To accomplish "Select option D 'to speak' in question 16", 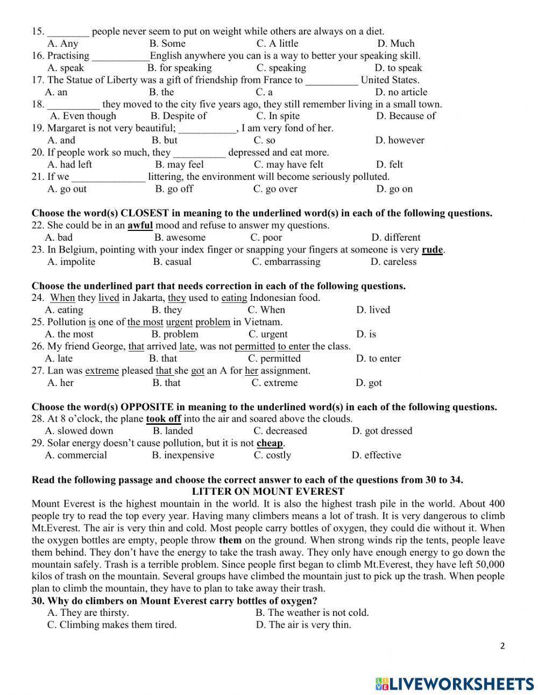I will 398,68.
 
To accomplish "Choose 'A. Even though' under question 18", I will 83,116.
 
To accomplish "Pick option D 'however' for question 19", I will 400,140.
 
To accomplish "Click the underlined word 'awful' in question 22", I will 140,226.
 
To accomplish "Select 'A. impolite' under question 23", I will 71,262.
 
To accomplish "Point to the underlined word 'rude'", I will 432,250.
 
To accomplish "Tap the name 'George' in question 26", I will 109,346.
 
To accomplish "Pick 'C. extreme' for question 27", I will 274,383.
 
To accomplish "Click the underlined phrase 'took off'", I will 164,419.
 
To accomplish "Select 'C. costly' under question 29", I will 272,455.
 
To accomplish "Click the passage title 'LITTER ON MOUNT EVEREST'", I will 268,492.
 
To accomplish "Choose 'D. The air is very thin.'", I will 303,625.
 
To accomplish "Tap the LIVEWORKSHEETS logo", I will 455,684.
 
